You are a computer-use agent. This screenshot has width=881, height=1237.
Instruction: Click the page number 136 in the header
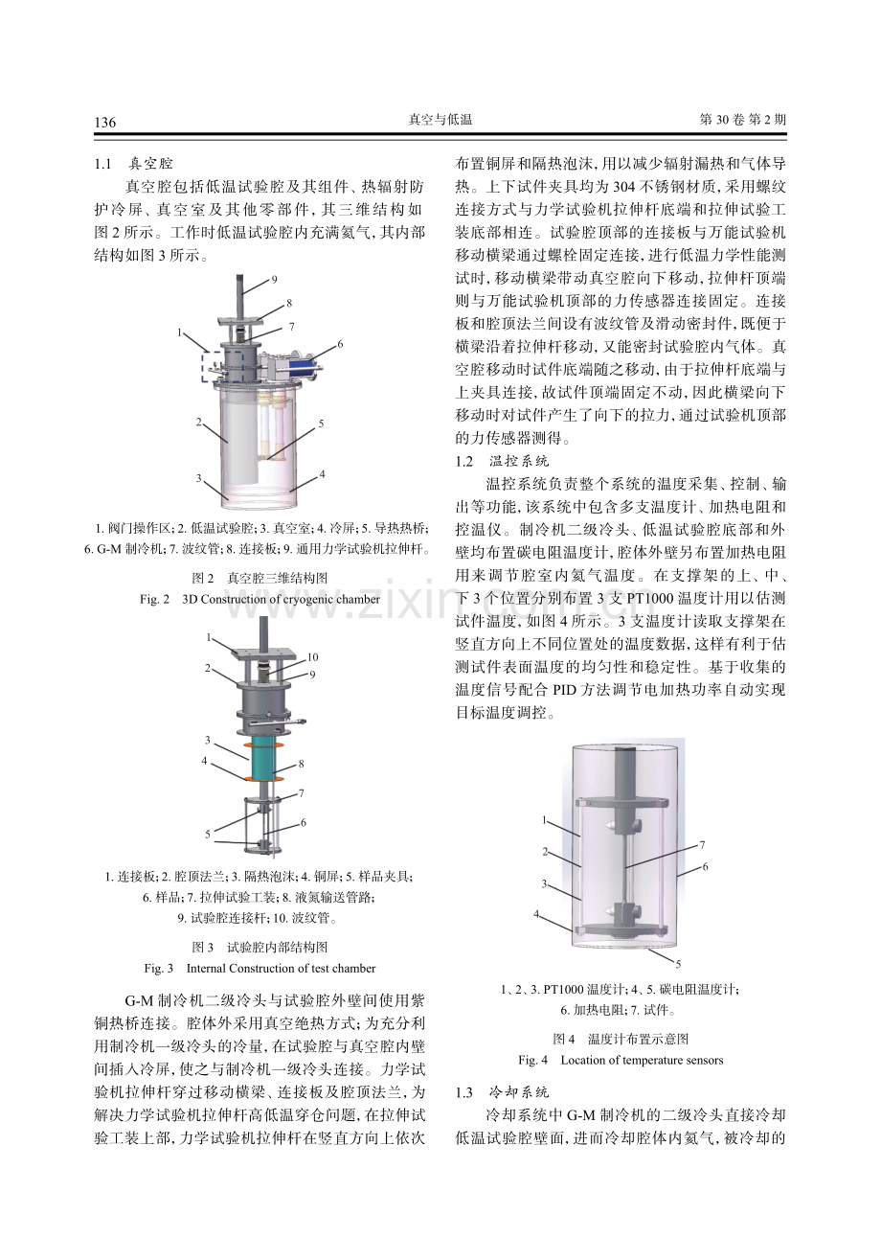(105, 122)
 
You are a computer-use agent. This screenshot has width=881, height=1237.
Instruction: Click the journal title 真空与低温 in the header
(440, 120)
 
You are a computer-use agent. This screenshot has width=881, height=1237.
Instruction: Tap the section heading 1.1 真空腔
(133, 164)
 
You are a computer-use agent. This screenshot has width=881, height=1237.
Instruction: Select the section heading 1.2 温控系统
(503, 461)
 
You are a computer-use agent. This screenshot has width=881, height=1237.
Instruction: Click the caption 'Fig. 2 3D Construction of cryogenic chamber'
(260, 599)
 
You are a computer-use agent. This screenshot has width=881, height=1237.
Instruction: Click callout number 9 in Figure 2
(274, 280)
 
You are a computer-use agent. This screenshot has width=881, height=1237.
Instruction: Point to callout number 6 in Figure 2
(340, 344)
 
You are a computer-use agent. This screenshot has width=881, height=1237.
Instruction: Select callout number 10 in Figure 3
(312, 656)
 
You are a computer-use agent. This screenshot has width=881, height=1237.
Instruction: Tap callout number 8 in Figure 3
(301, 764)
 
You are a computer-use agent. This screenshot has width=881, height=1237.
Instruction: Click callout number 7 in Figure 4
(702, 844)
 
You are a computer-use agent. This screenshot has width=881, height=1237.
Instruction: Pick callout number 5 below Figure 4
(678, 964)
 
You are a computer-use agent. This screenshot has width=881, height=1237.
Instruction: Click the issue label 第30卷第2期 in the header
(743, 120)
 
